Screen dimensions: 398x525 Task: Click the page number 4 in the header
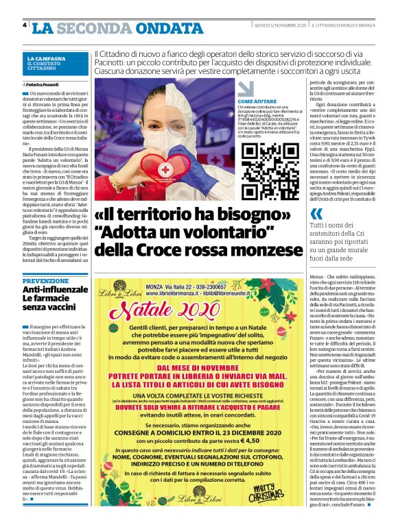pyautogui.click(x=25, y=25)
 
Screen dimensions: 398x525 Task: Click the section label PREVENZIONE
pyautogui.click(x=45, y=281)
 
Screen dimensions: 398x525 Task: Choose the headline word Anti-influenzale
pyautogui.click(x=56, y=291)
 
